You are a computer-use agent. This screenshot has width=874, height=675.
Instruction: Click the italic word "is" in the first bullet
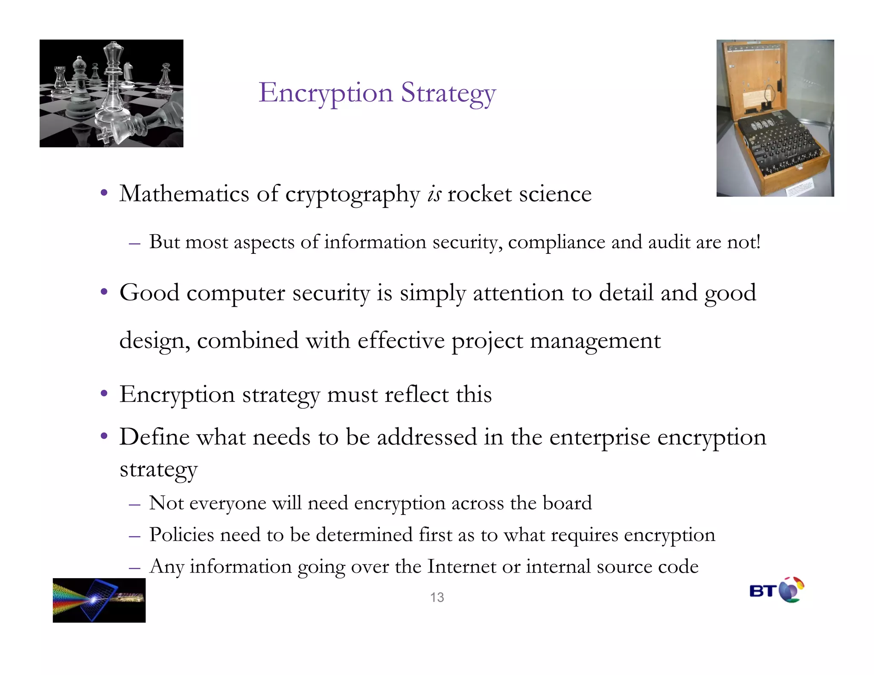tap(434, 194)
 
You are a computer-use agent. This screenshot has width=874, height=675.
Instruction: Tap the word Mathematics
tap(184, 194)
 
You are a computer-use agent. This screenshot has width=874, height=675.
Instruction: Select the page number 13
tap(437, 597)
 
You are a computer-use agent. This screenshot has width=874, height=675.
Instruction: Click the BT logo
tap(776, 590)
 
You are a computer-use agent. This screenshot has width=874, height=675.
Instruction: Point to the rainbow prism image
tap(99, 600)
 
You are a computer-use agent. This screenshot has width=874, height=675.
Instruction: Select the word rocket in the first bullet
tap(479, 194)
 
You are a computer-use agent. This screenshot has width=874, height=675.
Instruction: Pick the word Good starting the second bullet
tap(149, 293)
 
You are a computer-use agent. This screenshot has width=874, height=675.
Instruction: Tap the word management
tap(595, 341)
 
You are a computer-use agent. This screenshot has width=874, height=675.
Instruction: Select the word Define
tap(154, 437)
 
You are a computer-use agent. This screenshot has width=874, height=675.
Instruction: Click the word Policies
tap(181, 535)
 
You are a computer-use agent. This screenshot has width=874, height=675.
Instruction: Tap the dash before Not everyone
tap(134, 505)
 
